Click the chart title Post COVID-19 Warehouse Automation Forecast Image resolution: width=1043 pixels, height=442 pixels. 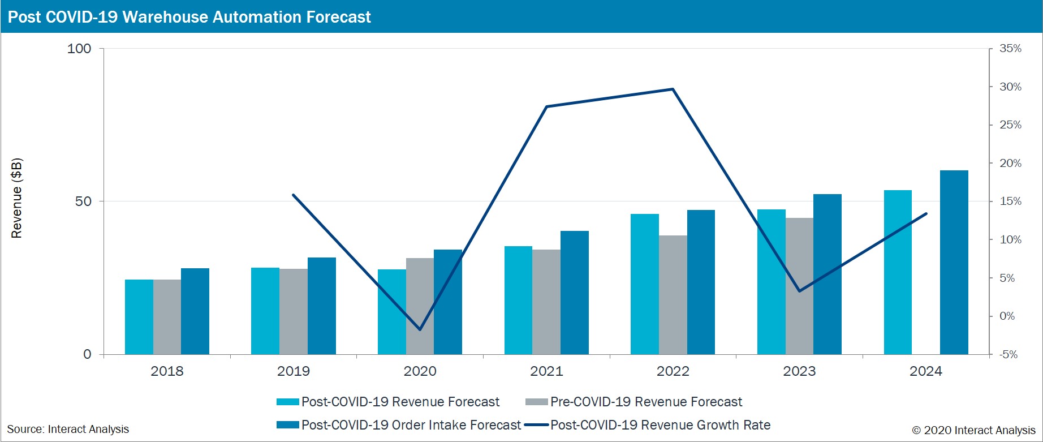tap(189, 17)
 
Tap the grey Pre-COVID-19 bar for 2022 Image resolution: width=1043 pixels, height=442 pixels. tap(673, 295)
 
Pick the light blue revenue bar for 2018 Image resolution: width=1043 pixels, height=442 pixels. tap(139, 317)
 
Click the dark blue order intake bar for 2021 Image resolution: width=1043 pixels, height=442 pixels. tap(574, 293)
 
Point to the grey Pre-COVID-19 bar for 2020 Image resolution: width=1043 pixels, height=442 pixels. tap(420, 306)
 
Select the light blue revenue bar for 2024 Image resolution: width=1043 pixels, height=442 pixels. tap(898, 272)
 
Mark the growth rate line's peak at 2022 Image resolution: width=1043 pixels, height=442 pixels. tap(673, 89)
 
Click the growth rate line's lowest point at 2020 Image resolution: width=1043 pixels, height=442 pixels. tap(420, 329)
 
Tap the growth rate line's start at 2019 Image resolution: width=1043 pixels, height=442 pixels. tap(293, 195)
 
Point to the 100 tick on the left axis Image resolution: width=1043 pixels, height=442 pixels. tap(79, 49)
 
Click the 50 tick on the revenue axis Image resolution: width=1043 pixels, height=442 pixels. tap(83, 201)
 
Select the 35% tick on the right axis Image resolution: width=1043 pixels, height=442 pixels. tap(1010, 49)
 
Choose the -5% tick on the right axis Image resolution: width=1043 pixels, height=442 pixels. tap(1008, 355)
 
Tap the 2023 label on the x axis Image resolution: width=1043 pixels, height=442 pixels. tap(799, 371)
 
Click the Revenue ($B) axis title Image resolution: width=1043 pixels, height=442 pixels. tap(17, 198)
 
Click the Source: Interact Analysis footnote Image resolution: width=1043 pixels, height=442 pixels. tap(68, 430)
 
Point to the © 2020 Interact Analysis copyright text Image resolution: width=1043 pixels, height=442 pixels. tap(973, 430)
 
